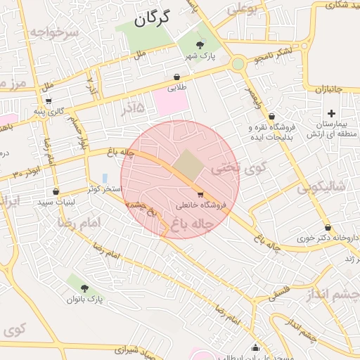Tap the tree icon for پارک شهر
coord(200,45)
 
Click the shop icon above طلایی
coord(176,77)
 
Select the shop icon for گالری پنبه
coord(49,101)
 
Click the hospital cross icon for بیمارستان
coord(331,113)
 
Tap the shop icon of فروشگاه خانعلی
coord(201,194)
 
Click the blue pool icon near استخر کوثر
coord(105,179)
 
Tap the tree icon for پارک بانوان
coord(85,288)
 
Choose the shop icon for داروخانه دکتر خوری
coord(328,227)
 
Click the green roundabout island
coord(238,65)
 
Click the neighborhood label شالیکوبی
coord(321,188)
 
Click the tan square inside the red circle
coord(187,164)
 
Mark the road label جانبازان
coord(327,89)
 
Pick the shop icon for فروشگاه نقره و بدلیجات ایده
coord(271,117)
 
